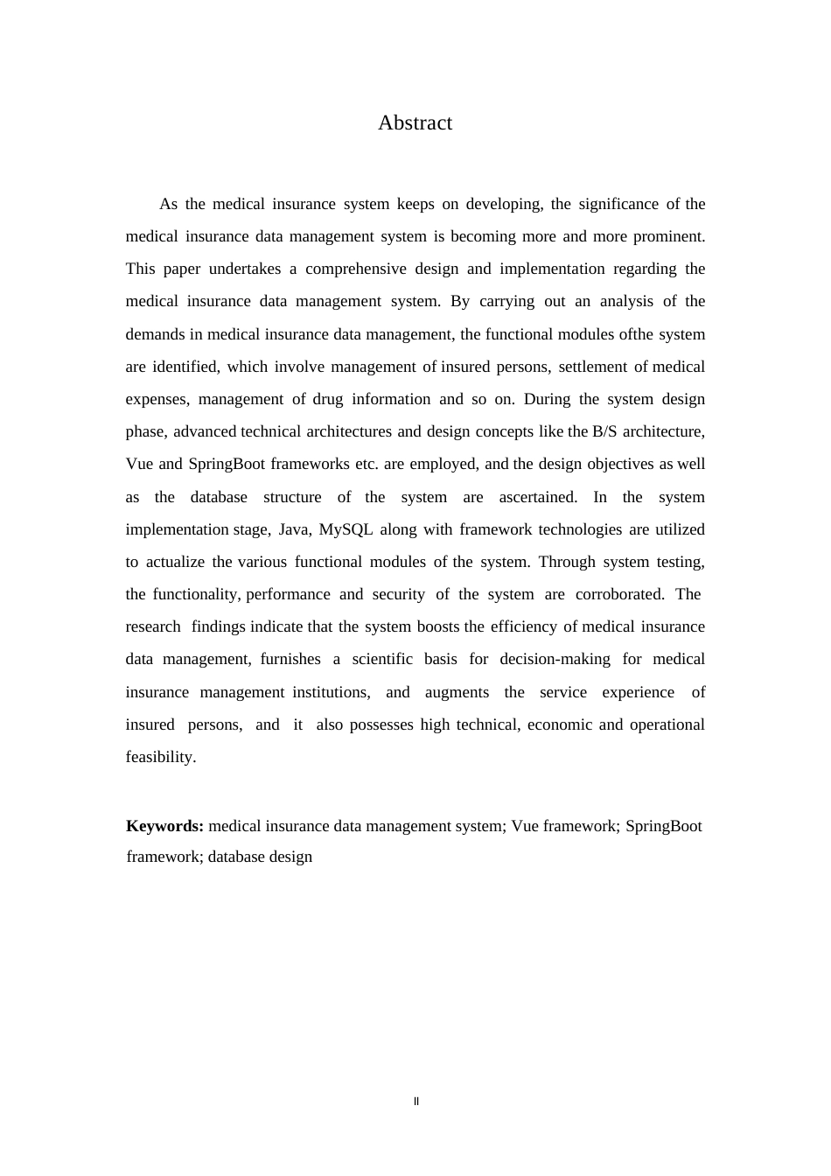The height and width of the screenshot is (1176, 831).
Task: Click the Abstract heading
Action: pyautogui.click(x=415, y=123)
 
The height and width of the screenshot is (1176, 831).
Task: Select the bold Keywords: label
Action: pyautogui.click(x=164, y=826)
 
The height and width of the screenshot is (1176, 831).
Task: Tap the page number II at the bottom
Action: pyautogui.click(x=415, y=1102)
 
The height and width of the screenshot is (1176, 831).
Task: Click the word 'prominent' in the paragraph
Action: pyautogui.click(x=668, y=236)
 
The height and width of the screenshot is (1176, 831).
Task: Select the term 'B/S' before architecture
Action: pyautogui.click(x=604, y=431)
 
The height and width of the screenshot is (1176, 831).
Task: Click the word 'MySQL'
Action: pyautogui.click(x=346, y=529)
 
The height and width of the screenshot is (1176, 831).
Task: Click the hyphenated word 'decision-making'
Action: pyautogui.click(x=555, y=659)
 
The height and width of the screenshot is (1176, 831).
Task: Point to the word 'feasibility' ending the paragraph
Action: pyautogui.click(x=160, y=757)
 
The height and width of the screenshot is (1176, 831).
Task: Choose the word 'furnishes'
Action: pyautogui.click(x=290, y=659)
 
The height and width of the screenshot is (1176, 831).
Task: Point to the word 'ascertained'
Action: pyautogui.click(x=537, y=497)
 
